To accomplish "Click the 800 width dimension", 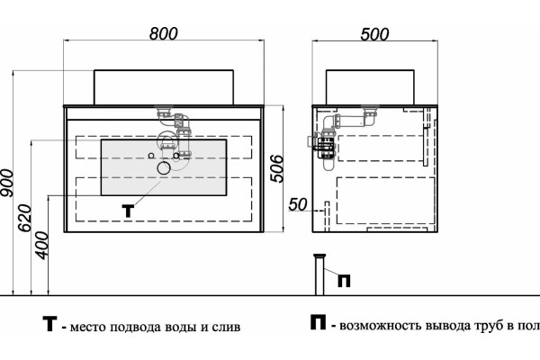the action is pos(164,34).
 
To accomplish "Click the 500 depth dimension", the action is pos(374,34).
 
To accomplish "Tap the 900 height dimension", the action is pos(7,183).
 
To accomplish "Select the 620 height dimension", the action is pos(25,218).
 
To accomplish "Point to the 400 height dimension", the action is pos(42,245).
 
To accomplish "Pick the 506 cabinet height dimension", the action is pos(277,168).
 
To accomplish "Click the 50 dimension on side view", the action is pos(298,204).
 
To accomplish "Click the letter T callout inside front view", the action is pos(128,211).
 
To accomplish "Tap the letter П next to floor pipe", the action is pos(344,281).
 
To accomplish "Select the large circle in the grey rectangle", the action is pos(164,167).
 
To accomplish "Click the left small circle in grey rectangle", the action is pos(151,156).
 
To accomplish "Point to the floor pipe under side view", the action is pos(319,274).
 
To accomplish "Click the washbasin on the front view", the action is pos(164,87).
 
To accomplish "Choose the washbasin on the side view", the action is pos(370,87).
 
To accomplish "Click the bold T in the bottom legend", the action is pos(49,324).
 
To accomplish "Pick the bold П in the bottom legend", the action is pos(318,322).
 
